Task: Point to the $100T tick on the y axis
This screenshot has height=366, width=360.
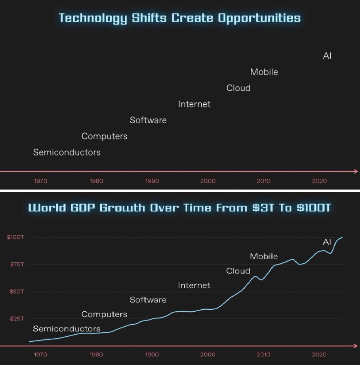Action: (15, 237)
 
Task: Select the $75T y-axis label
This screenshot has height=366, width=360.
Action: (16, 264)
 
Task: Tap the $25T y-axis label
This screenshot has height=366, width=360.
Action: (16, 319)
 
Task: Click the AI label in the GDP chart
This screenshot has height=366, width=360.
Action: (327, 242)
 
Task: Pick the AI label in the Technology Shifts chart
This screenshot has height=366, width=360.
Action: (327, 56)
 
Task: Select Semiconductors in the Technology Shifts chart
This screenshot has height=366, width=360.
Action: (67, 152)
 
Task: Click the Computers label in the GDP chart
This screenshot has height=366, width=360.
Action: (104, 314)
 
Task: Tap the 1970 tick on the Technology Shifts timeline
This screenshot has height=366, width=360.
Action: (41, 181)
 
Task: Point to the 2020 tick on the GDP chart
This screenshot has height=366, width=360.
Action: (319, 355)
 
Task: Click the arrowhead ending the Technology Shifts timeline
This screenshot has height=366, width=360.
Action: (356, 172)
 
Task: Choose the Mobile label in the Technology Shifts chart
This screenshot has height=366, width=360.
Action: (264, 72)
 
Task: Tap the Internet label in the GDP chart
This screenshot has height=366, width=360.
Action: (194, 286)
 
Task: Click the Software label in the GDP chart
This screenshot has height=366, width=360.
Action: (148, 300)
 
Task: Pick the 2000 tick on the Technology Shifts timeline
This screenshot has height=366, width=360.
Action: (208, 181)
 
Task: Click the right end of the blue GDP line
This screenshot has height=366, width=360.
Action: (343, 237)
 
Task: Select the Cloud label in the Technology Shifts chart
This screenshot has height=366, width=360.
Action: (238, 88)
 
